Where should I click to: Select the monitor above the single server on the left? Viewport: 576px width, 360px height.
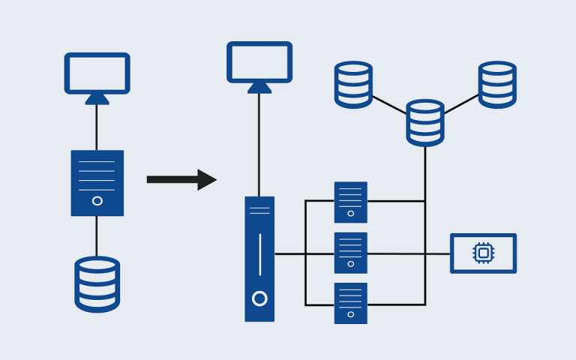(97, 73)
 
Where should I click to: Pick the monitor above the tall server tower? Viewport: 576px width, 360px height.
(259, 61)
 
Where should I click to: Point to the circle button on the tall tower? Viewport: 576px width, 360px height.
(259, 298)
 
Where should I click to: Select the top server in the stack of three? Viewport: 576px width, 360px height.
(350, 202)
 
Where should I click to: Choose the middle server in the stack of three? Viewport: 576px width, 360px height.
(350, 253)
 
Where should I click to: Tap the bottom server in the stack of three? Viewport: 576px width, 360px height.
(350, 303)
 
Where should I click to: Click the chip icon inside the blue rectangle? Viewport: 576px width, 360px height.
(484, 253)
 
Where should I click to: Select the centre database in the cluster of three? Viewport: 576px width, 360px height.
(425, 122)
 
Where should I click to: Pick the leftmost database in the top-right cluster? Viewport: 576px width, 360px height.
(353, 84)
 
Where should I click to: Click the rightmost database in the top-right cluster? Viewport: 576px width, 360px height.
(497, 84)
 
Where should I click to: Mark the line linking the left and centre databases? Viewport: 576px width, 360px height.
(389, 104)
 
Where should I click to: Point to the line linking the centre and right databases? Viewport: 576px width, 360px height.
(461, 103)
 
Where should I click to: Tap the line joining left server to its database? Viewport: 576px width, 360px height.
(97, 235)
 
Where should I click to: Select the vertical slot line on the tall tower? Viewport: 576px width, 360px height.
(259, 254)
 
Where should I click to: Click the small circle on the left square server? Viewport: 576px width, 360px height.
(97, 200)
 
